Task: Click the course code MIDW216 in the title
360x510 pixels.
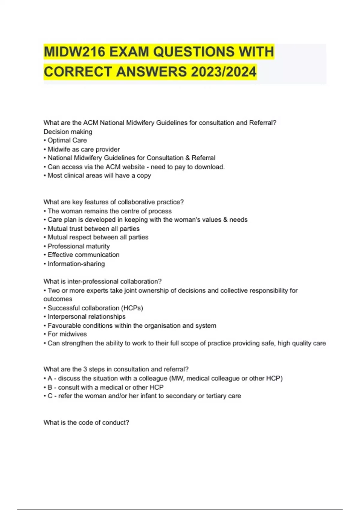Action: [74, 52]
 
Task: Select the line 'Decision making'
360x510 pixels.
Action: [68, 132]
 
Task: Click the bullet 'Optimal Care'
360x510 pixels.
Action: [67, 140]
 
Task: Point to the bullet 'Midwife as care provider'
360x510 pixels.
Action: [83, 149]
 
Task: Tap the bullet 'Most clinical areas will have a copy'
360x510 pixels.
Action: [99, 175]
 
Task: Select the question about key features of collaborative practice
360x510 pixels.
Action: [113, 202]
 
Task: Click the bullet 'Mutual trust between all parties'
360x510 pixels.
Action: [93, 229]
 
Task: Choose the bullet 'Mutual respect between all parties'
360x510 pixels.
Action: [98, 237]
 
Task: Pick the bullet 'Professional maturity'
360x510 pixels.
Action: [79, 246]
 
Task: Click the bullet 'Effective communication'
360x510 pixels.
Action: [83, 255]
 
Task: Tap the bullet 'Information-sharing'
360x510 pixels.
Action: [76, 264]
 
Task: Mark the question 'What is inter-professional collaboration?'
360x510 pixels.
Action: [102, 281]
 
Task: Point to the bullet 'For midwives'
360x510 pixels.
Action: [67, 334]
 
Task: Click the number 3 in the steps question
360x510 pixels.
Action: [85, 369]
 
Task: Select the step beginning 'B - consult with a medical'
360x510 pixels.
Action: [105, 387]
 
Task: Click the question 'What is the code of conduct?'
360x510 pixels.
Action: [86, 423]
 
